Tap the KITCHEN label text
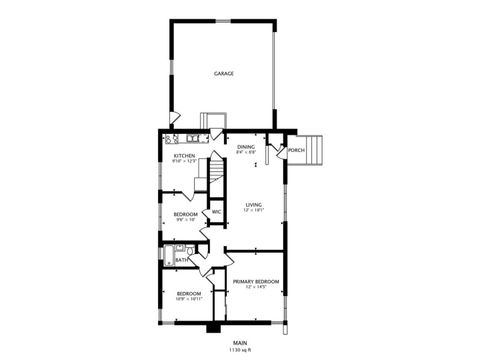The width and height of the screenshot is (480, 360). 184,156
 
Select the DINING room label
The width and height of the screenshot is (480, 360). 246,147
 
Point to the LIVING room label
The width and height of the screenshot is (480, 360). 254,204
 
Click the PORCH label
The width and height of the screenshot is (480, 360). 296,150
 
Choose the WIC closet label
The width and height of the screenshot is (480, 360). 215,211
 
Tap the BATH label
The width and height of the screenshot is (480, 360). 181,260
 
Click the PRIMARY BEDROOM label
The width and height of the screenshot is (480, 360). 255,282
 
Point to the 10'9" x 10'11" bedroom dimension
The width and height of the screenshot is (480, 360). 189,298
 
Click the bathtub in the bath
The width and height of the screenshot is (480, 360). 168,256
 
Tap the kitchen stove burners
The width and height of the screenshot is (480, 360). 170,139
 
